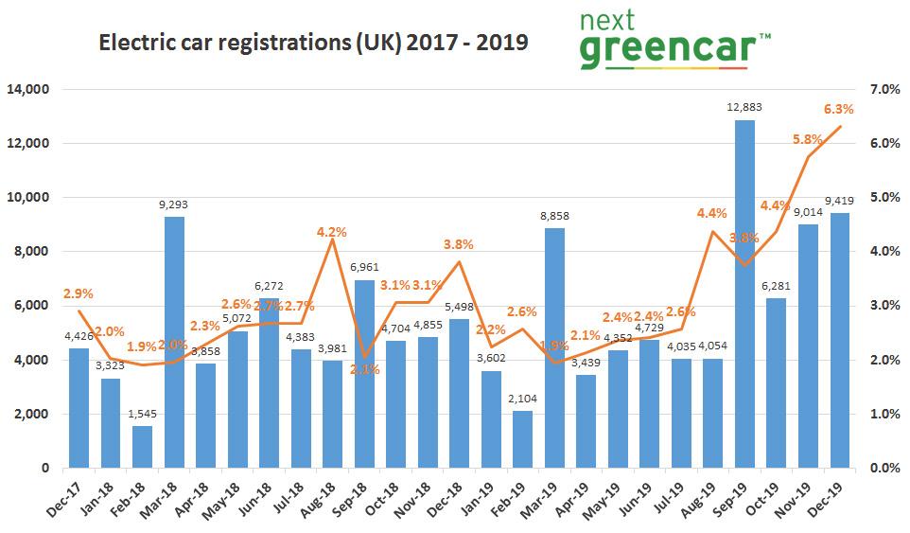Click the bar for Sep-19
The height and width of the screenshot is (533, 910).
746,293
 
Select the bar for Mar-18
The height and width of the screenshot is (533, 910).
174,342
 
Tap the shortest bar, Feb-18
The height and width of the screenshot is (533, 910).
142,447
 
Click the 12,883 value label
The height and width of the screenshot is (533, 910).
746,110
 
